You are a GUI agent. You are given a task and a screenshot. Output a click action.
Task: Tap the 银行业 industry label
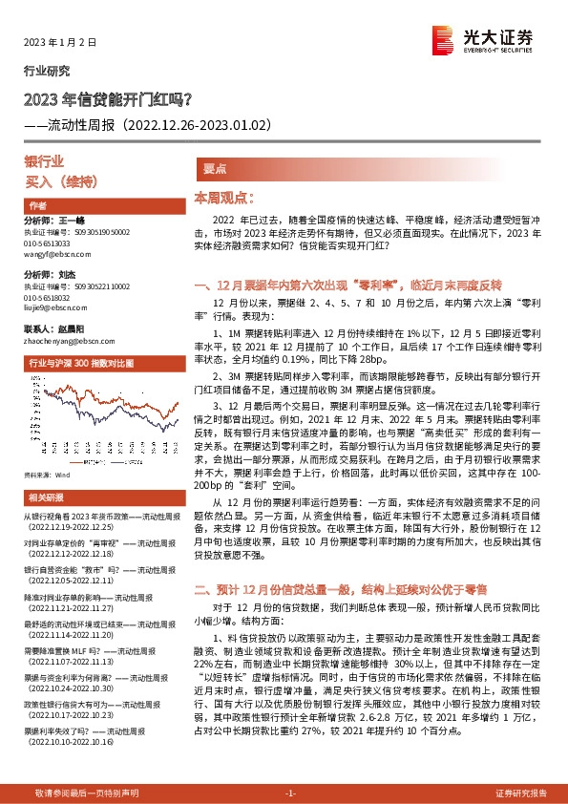click(x=44, y=161)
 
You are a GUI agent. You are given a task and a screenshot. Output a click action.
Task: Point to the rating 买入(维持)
click(x=58, y=180)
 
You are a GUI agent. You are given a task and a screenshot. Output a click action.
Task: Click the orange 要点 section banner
click(x=214, y=168)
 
